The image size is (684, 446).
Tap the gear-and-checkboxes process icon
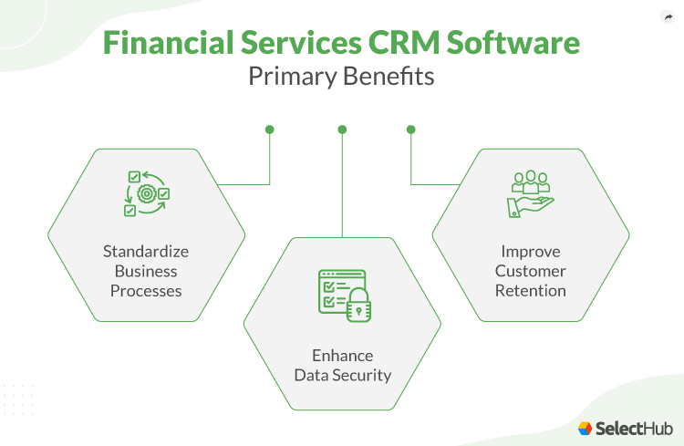[146, 193]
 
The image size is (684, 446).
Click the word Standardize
[146, 251]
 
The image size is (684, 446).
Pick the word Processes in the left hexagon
[146, 291]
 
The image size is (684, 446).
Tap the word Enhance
[342, 355]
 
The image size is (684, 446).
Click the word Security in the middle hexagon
[361, 375]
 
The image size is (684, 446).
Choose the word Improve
[531, 251]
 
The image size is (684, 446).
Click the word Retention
[531, 291]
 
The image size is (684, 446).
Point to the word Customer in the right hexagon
[531, 271]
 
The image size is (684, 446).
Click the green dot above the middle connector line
[342, 130]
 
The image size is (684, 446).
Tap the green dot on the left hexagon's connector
[270, 130]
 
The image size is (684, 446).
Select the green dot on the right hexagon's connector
[410, 130]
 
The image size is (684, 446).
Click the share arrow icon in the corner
[666, 17]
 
